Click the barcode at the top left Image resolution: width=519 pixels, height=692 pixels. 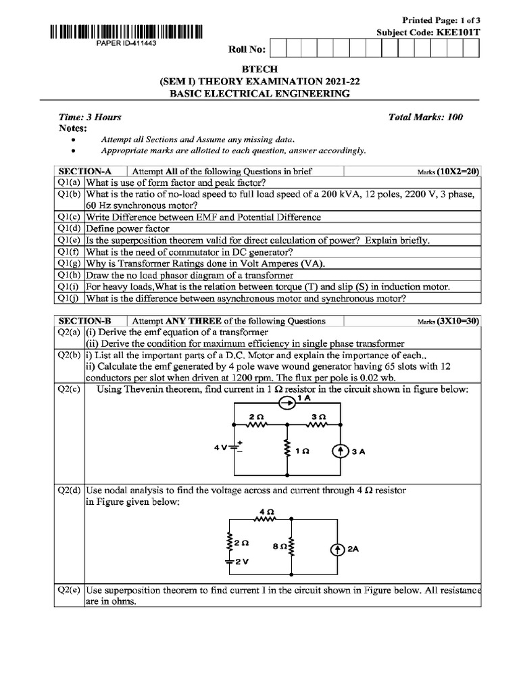coord(125,31)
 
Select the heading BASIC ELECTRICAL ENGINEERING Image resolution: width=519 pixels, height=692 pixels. coord(260,93)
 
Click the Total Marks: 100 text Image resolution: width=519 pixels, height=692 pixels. coord(425,117)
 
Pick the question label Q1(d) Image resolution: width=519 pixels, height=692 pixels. coord(68,228)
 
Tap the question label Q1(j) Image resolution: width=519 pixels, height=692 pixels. coord(68,298)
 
